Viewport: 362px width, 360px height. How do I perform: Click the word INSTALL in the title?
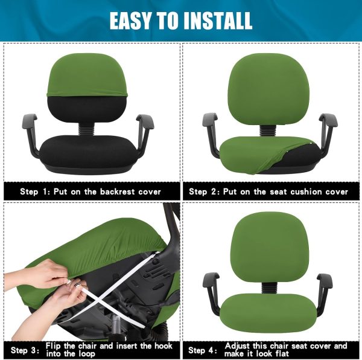tap(218, 21)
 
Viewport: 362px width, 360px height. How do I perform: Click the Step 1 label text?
tap(35, 191)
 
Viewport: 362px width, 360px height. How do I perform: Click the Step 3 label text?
tap(25, 350)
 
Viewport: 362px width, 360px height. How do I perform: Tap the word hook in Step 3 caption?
tap(164, 346)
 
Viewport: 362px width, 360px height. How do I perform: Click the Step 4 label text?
tap(203, 350)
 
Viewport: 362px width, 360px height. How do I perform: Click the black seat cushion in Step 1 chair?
tap(88, 152)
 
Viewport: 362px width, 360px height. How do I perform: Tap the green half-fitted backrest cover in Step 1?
tap(87, 75)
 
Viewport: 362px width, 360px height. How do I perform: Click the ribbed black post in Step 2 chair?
tap(267, 131)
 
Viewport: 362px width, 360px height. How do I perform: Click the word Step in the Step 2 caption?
tap(198, 192)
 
